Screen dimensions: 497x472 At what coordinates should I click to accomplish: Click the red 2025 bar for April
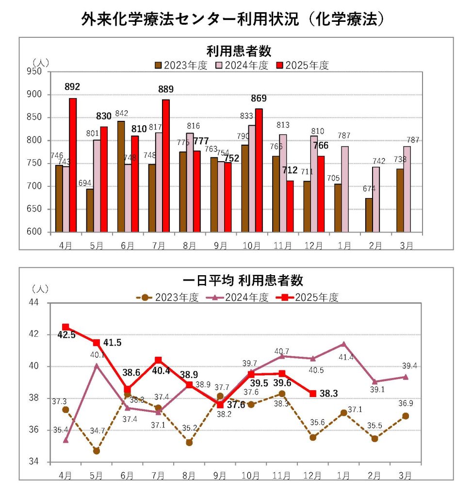click(x=73, y=165)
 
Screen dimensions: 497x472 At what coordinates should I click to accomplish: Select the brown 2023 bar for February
click(x=369, y=215)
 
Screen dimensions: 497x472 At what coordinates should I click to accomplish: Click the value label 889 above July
click(x=165, y=89)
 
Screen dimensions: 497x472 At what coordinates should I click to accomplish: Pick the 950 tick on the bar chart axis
click(x=37, y=71)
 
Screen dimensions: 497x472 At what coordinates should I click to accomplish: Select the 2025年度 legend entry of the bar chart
click(x=302, y=66)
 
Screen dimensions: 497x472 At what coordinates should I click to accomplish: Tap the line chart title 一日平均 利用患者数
click(x=236, y=281)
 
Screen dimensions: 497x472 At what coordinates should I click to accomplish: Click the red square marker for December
click(x=313, y=393)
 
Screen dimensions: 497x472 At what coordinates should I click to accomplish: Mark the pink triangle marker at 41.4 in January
click(x=344, y=344)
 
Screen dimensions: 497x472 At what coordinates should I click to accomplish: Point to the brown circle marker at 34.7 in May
click(x=97, y=451)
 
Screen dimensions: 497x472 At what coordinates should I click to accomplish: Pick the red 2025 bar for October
click(x=259, y=170)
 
